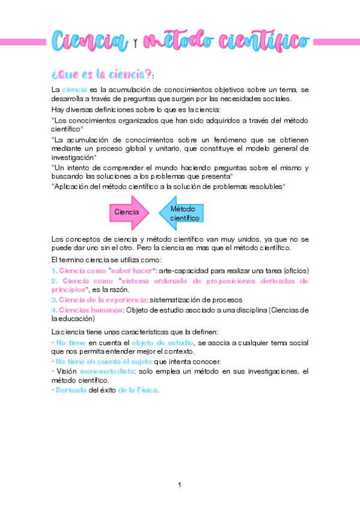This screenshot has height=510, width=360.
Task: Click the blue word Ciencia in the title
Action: point(90,41)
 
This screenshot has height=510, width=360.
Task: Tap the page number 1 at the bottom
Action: point(180,485)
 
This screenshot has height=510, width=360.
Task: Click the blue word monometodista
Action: point(106,372)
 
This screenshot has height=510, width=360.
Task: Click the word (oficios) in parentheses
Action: point(295,271)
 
